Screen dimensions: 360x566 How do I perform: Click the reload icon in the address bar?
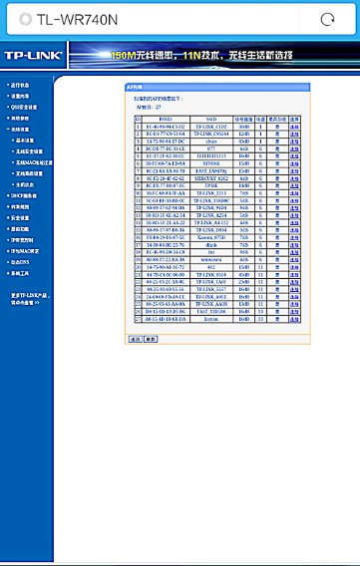(326, 19)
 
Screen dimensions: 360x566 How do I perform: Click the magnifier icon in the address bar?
(22, 19)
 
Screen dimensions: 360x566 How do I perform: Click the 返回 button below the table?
(136, 339)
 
